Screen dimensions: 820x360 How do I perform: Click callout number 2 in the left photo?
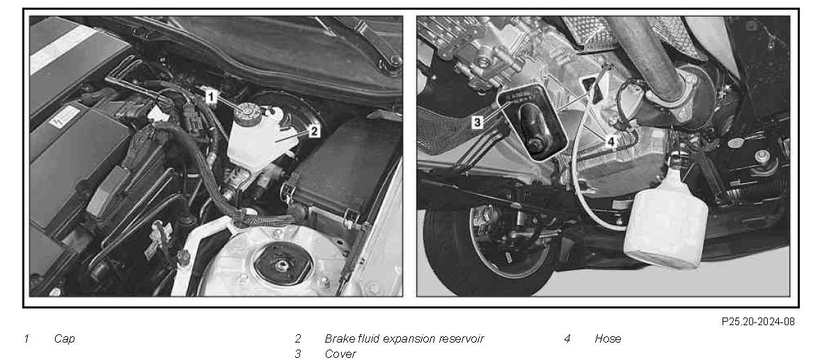(x=314, y=131)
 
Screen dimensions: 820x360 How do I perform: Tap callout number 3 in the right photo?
(x=477, y=123)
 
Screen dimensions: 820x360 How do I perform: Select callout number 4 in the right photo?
(x=610, y=141)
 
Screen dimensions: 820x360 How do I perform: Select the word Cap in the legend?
(x=64, y=339)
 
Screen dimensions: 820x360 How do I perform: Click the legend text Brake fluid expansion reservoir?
(x=404, y=338)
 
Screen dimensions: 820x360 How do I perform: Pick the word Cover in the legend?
(x=340, y=354)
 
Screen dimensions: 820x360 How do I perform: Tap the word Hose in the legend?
(x=608, y=338)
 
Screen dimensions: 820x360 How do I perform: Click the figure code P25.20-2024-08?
(x=758, y=322)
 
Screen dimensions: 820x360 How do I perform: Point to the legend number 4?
(x=567, y=338)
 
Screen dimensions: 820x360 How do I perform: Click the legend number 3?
(x=297, y=354)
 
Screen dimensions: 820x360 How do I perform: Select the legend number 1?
(x=26, y=339)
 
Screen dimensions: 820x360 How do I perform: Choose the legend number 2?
(x=297, y=338)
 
